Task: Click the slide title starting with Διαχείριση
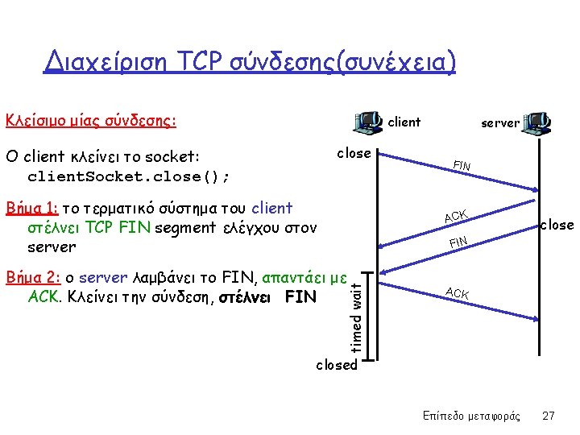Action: pyautogui.click(x=250, y=60)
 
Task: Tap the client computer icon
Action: pyautogui.click(x=368, y=122)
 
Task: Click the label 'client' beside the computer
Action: pyautogui.click(x=404, y=122)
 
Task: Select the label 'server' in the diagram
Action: pyautogui.click(x=500, y=123)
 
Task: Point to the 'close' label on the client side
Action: pyautogui.click(x=354, y=153)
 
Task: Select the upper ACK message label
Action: pyautogui.click(x=455, y=215)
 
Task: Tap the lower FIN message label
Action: pyautogui.click(x=458, y=241)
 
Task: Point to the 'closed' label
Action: pyautogui.click(x=336, y=365)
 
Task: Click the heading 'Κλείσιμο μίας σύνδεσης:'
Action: pyautogui.click(x=91, y=122)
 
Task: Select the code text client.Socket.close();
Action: pyautogui.click(x=129, y=175)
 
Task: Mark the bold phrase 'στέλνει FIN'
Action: pyautogui.click(x=278, y=296)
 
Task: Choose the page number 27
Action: pyautogui.click(x=549, y=416)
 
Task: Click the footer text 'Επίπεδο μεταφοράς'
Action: pyautogui.click(x=471, y=416)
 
